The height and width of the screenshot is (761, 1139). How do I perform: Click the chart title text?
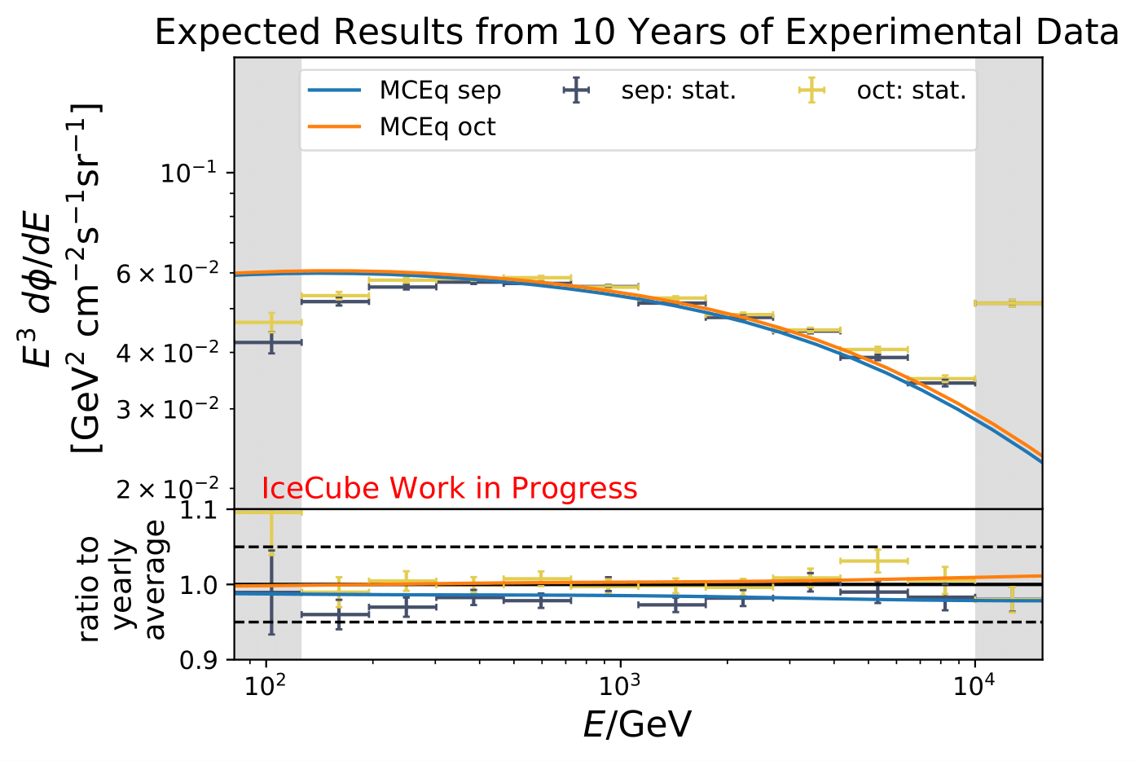(x=636, y=33)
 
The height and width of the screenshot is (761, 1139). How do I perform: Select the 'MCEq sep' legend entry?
(x=440, y=90)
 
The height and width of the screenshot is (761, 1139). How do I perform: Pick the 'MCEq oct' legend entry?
(x=438, y=127)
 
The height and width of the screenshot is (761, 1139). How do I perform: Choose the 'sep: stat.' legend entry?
(x=678, y=90)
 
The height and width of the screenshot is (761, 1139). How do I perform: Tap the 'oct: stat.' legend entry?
(x=911, y=90)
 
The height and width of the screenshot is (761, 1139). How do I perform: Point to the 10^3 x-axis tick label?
(x=620, y=686)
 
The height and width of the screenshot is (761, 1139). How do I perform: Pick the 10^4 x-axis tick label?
(x=975, y=686)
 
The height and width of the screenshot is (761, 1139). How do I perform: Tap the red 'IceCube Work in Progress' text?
(x=449, y=488)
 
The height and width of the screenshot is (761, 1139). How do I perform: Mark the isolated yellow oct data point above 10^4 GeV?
(x=1011, y=303)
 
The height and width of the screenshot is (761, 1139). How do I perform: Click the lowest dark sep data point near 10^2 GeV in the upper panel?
(x=271, y=342)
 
